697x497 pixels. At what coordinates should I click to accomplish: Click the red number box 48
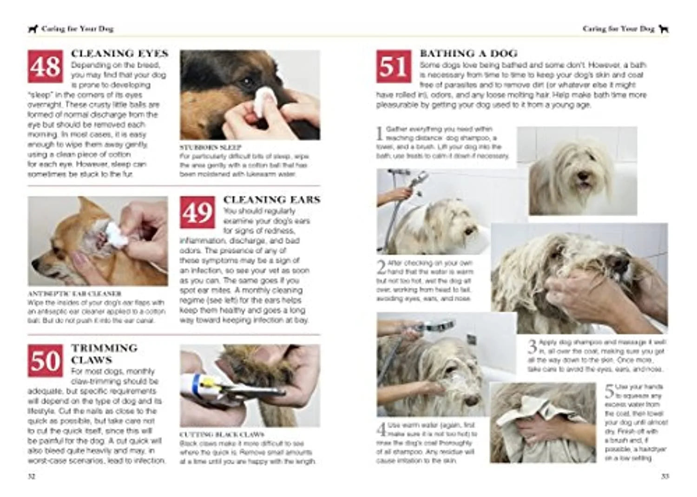coord(45,66)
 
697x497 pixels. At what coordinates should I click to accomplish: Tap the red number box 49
coord(197,213)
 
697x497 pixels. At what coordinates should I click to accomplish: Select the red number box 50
coord(45,361)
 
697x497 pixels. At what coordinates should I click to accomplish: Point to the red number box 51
coord(394,66)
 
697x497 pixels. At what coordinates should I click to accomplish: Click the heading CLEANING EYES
coord(119,54)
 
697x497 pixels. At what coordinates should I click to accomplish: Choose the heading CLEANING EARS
coord(272,200)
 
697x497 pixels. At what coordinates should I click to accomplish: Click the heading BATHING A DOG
coord(468,54)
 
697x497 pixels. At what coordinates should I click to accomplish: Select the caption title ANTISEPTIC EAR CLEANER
coord(74,294)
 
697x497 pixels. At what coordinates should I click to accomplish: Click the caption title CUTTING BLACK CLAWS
coord(222,435)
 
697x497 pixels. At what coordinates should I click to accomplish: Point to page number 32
coord(31,477)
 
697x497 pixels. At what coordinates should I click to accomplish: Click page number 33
coord(665,477)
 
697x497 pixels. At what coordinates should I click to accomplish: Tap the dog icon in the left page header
coord(33,29)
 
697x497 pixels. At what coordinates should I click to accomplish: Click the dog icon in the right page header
coord(664,29)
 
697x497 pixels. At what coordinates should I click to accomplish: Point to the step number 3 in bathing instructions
coord(532,346)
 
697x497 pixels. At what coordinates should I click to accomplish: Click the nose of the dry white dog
coord(581,176)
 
